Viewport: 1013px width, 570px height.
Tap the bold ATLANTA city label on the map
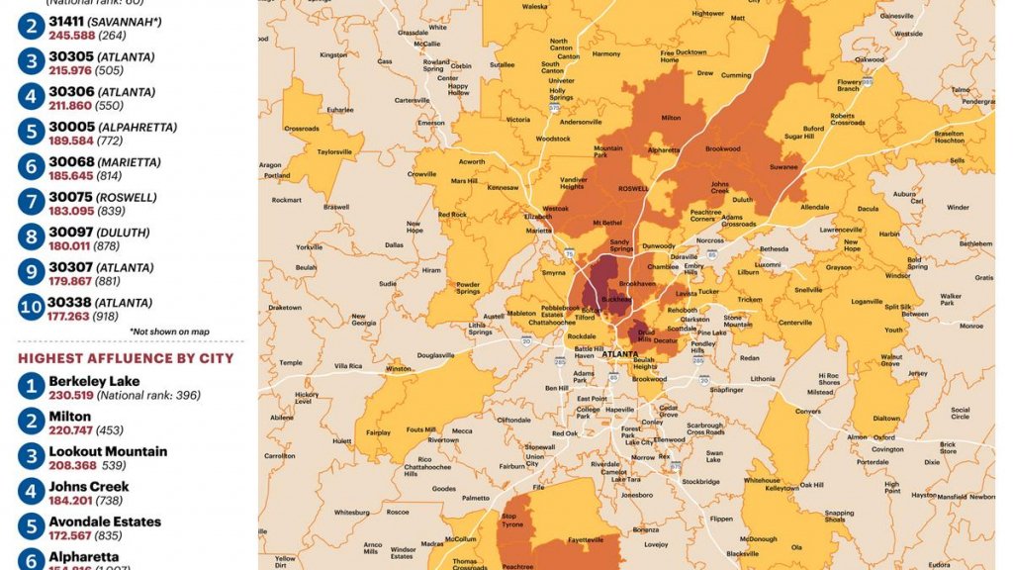pos(620,353)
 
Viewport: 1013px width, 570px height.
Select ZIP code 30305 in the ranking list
pos(72,56)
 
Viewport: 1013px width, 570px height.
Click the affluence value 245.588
pos(69,35)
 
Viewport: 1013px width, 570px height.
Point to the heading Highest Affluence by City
pos(126,358)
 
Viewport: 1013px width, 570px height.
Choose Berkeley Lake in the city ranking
pos(94,381)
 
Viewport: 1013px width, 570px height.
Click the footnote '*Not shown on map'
pos(169,332)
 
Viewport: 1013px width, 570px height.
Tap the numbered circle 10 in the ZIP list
pos(31,307)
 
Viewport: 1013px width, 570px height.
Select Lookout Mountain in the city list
pos(108,451)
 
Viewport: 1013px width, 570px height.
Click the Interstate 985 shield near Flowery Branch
pos(867,81)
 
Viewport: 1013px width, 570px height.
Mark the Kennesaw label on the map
pos(503,187)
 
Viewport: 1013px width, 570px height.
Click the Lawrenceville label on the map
pos(841,230)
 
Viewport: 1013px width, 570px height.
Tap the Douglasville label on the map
pos(435,354)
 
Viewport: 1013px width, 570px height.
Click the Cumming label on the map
pos(736,75)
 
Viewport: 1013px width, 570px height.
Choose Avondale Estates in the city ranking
pos(105,522)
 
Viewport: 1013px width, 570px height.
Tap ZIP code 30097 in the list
pos(72,232)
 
